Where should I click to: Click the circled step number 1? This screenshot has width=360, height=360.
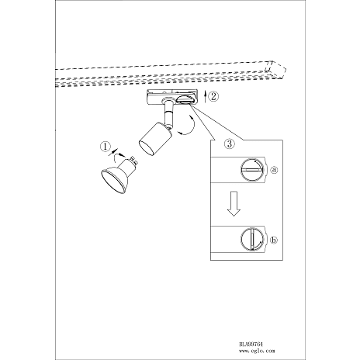click(x=105, y=147)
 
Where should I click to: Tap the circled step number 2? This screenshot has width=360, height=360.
click(x=213, y=96)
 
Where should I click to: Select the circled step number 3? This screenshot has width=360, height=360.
click(x=230, y=144)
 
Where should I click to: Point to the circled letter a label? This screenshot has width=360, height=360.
click(x=274, y=170)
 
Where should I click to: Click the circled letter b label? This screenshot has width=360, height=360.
click(x=274, y=240)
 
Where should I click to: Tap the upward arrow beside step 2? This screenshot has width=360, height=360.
click(x=205, y=97)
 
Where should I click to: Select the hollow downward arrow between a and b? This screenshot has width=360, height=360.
click(x=234, y=203)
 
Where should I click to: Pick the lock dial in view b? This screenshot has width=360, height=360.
click(x=253, y=239)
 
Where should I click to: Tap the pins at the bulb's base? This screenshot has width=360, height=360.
click(x=134, y=161)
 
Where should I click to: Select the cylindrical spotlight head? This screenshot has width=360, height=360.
click(x=155, y=139)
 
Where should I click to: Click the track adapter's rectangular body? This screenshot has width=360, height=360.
click(x=172, y=98)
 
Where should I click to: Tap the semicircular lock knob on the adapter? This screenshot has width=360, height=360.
click(x=184, y=100)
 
